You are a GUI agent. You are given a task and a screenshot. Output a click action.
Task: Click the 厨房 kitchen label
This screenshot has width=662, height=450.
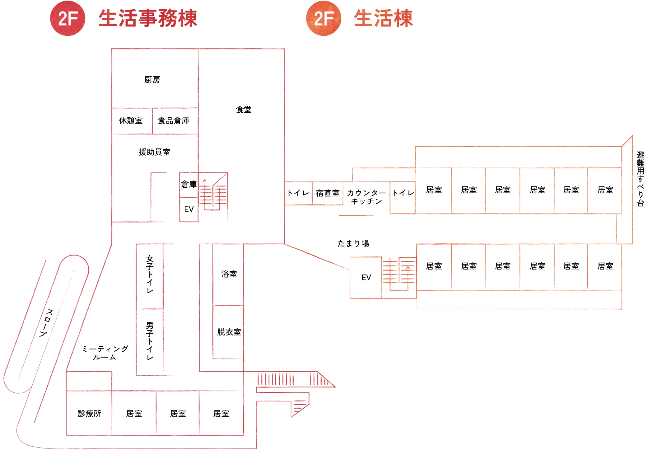point(152,80)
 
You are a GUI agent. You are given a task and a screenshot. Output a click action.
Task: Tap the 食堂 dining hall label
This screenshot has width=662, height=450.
point(244,110)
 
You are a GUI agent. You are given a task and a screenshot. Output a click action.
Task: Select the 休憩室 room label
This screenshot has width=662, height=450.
point(131,121)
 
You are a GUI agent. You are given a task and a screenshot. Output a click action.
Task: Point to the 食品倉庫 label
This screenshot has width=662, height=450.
point(173,121)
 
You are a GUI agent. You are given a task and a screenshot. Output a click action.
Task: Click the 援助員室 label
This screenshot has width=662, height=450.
point(154,152)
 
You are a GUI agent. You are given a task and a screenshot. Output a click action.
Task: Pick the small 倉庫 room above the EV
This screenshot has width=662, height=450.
point(189,184)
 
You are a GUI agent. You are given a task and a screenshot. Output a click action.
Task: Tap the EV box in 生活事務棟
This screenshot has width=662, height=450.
point(189,209)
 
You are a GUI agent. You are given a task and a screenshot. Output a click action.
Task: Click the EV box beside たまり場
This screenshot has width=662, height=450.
point(366,277)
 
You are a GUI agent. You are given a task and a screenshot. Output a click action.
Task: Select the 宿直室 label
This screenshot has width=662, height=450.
point(328,193)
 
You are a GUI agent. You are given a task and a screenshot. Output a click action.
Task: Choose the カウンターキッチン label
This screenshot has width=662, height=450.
point(366,197)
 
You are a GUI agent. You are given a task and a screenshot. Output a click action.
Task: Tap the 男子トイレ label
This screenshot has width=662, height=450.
point(150,341)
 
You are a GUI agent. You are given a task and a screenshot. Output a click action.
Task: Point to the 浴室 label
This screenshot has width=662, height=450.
point(229,274)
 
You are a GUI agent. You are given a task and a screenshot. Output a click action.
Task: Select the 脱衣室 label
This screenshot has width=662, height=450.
point(229,332)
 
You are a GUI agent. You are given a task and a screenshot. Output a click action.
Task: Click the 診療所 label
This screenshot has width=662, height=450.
point(90,414)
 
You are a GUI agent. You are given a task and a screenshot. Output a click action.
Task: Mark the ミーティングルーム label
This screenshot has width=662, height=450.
point(105,353)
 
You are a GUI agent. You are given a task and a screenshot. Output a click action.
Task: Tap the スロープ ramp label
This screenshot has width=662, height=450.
point(46,323)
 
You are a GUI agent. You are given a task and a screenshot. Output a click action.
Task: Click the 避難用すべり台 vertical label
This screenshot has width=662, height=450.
point(641,179)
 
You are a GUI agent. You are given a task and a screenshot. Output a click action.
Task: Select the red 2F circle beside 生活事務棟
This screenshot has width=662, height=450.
point(68,18)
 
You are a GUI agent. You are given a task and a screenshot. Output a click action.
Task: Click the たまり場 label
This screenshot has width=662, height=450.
point(353,243)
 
